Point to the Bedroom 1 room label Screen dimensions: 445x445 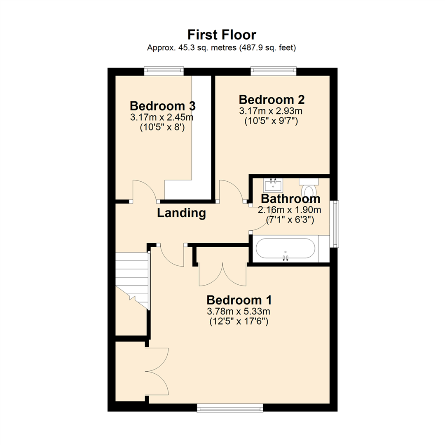coord(239,300)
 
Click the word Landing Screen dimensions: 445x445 coord(181,213)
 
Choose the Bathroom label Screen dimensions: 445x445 coord(290,199)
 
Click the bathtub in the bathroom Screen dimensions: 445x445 coord(286,248)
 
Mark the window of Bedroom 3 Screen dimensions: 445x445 coord(164,71)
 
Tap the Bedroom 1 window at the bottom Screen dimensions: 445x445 coord(230,408)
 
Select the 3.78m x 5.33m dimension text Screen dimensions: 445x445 coord(239,311)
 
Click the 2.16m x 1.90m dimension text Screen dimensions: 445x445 coord(289,210)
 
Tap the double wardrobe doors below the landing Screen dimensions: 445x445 coord(222,274)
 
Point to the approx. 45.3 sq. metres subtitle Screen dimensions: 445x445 coord(222,48)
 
